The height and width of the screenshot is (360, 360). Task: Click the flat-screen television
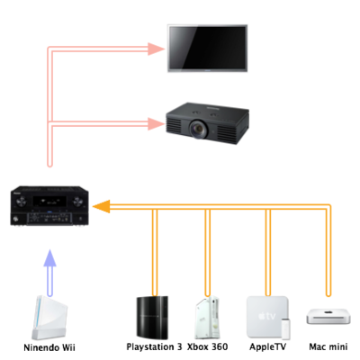point(207,49)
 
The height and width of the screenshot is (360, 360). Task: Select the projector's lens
point(198,129)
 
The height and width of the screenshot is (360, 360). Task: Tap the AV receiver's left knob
point(21,202)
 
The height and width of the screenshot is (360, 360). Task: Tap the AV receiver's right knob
point(77,202)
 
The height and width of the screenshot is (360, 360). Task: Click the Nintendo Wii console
point(49,318)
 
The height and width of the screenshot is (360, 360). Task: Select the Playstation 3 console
point(152,318)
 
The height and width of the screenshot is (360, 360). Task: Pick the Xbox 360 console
point(207,318)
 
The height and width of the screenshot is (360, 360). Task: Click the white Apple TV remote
point(285,328)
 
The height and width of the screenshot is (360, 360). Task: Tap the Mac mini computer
point(328,317)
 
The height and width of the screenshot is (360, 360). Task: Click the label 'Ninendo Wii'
point(49,347)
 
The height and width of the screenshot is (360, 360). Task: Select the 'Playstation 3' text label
point(154,347)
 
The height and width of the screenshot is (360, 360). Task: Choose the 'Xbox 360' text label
point(207,347)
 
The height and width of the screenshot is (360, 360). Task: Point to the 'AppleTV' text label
point(268,347)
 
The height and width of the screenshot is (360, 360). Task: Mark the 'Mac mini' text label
point(328,347)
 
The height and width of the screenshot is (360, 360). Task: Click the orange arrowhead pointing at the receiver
point(101,206)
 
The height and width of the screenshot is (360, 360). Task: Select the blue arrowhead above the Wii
point(50,258)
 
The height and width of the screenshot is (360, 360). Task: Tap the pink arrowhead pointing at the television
point(157,49)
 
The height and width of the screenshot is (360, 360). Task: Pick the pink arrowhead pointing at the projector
point(157,123)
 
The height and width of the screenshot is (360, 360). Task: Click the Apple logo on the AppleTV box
point(262,316)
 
